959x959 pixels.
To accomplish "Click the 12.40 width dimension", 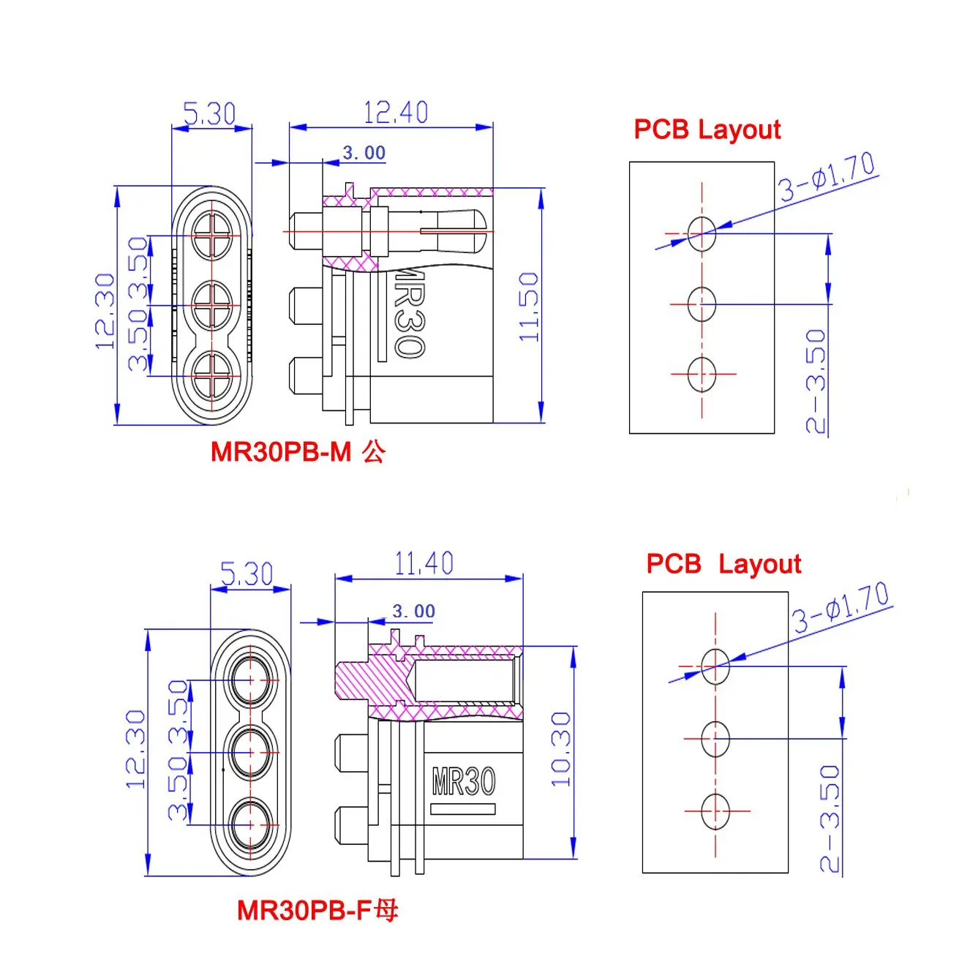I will pos(395,112).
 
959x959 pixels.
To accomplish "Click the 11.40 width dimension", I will pos(424,563).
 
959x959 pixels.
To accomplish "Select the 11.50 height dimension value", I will pos(529,306).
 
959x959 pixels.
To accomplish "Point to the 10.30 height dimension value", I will pos(560,749).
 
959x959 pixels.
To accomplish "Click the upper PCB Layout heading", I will pos(707,129).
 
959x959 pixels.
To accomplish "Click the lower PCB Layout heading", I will pos(723,564).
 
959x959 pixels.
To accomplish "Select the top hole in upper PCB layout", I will pos(702,233).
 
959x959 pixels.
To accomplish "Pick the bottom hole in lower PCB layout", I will pos(715,811).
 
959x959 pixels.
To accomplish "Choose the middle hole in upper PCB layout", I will pos(702,304).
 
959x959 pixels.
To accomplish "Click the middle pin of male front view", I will pos(212,305).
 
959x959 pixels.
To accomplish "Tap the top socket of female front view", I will pos(250,680).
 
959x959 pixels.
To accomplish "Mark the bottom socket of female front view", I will pos(250,824).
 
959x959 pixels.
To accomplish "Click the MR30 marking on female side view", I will pos(464,781).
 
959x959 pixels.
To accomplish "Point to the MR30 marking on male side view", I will pos(409,312).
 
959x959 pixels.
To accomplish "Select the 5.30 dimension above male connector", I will pos(209,113).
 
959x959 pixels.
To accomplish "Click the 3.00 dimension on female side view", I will pos(413,611).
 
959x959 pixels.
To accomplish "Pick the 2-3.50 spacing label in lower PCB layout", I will pos(830,818).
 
